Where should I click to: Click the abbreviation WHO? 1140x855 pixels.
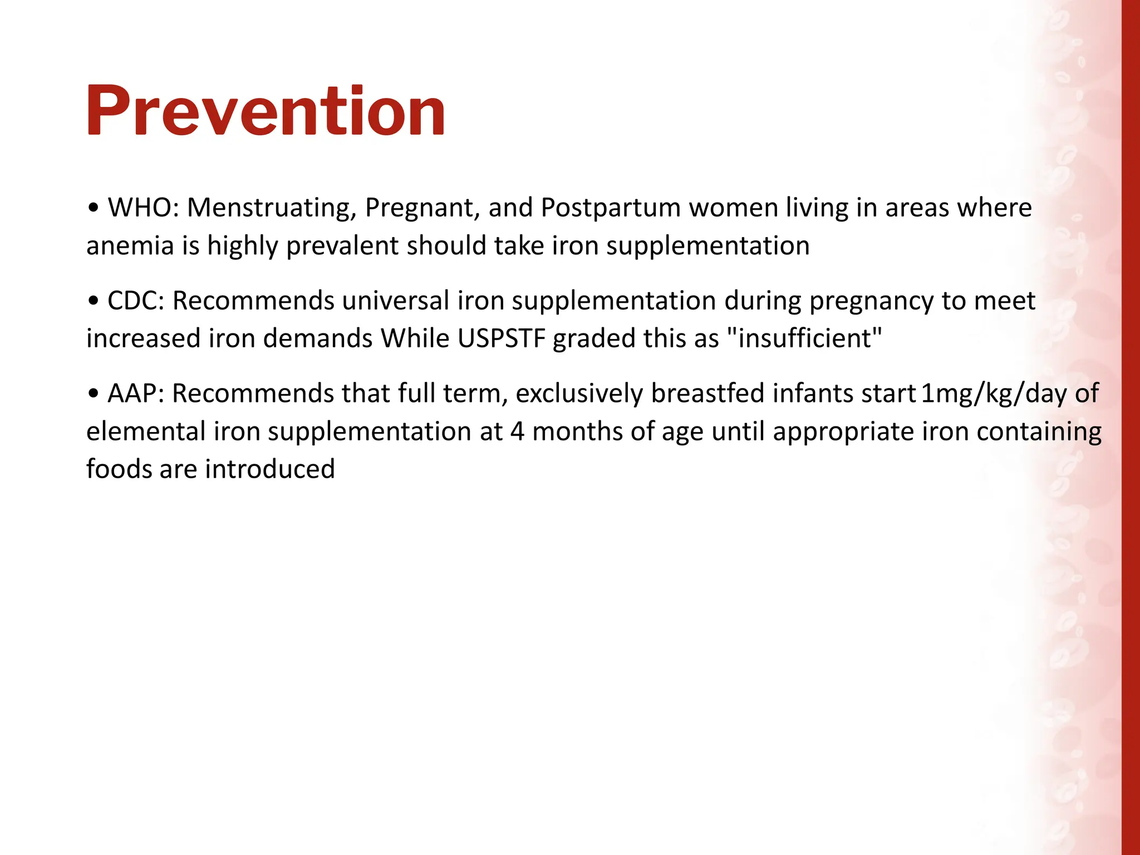click(142, 208)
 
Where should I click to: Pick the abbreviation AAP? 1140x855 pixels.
click(135, 394)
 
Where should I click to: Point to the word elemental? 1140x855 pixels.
click(145, 431)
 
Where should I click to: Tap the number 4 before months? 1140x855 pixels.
click(517, 431)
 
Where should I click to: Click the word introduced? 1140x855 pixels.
click(269, 469)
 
